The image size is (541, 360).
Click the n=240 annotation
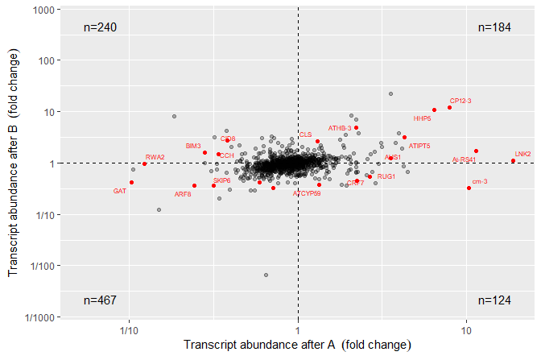click(x=101, y=27)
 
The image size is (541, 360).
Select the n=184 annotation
click(x=494, y=27)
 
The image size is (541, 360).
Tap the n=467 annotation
click(x=101, y=300)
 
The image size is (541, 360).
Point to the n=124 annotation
click(x=494, y=300)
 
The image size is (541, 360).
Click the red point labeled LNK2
click(x=513, y=161)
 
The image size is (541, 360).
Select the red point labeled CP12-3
click(x=450, y=107)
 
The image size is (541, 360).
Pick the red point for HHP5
click(x=434, y=110)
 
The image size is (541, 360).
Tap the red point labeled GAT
click(x=131, y=183)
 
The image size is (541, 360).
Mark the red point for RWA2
click(x=144, y=164)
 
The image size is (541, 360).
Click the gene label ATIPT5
click(x=419, y=146)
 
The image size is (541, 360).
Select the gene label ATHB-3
click(x=340, y=128)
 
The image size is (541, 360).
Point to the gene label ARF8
click(x=183, y=194)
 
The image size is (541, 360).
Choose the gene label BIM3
click(x=193, y=146)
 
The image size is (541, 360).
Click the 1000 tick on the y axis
click(x=44, y=9)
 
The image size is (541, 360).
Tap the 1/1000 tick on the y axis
click(x=39, y=317)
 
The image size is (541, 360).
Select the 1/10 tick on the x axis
click(x=127, y=330)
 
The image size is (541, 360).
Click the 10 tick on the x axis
click(x=466, y=330)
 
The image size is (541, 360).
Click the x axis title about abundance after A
click(x=298, y=345)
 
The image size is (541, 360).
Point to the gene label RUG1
click(x=386, y=176)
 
